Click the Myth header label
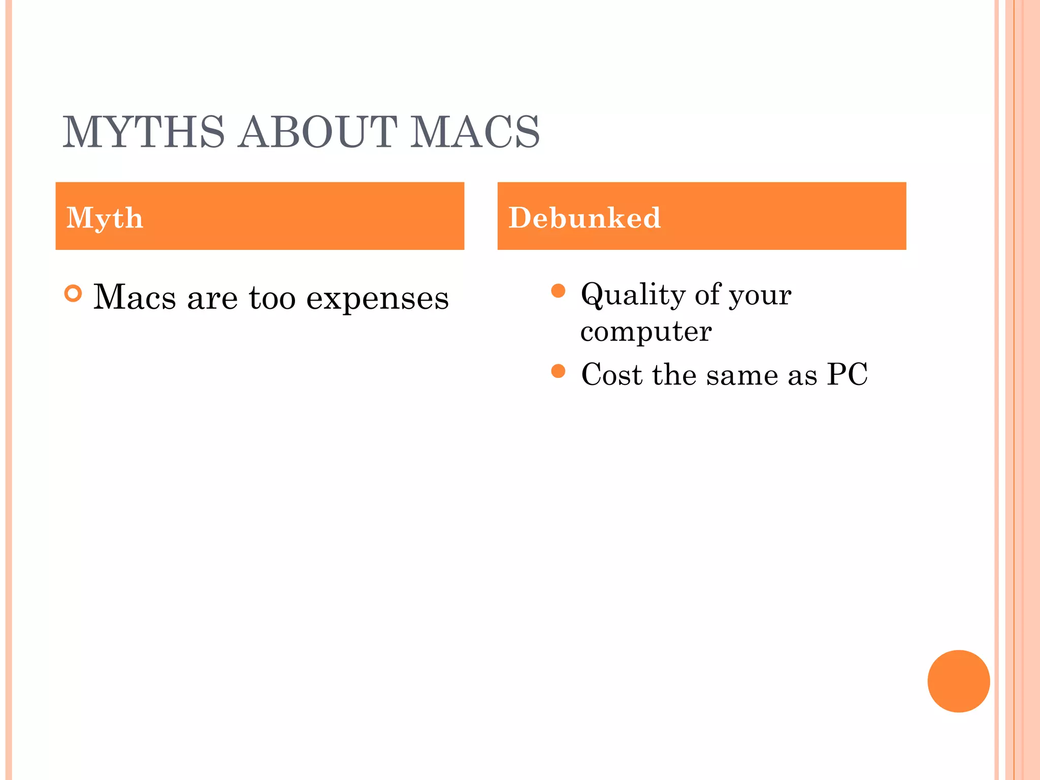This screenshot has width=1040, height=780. pyautogui.click(x=105, y=218)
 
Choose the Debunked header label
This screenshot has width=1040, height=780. pyautogui.click(x=584, y=218)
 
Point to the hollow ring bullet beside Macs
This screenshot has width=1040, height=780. pyautogui.click(x=73, y=294)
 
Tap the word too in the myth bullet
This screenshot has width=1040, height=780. pyautogui.click(x=272, y=298)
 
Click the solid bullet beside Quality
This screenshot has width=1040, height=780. pyautogui.click(x=558, y=291)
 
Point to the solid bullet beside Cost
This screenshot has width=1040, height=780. pyautogui.click(x=558, y=371)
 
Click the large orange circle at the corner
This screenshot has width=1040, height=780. pyautogui.click(x=958, y=681)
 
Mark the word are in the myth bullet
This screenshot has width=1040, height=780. pyautogui.click(x=212, y=298)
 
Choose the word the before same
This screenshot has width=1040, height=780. pyautogui.click(x=674, y=375)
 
